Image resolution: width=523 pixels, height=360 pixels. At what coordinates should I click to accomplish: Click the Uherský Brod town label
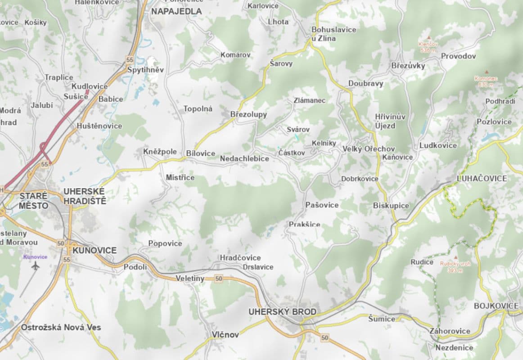(282, 311)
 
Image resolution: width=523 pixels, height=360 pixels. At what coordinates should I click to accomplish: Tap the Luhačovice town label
(482, 178)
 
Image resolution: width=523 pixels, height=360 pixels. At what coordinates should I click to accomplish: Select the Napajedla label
(176, 11)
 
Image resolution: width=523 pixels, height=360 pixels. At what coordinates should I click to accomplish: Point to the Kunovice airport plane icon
(36, 265)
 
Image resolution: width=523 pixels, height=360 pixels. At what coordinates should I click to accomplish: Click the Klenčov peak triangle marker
(428, 38)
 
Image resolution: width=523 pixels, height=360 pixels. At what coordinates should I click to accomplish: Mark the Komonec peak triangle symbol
(486, 72)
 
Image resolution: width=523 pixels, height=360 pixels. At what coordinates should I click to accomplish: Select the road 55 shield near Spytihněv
(130, 59)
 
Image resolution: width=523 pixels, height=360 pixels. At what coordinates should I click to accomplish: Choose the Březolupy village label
(248, 114)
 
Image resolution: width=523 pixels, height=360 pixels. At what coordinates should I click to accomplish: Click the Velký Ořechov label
(369, 149)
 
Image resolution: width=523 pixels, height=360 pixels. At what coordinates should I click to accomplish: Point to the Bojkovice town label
(496, 306)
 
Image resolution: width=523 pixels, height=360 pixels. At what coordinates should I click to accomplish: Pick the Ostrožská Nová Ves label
(61, 327)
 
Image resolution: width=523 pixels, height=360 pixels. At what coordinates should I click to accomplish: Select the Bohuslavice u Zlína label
(334, 34)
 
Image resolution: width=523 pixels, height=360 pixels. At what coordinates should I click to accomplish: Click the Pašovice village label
(322, 205)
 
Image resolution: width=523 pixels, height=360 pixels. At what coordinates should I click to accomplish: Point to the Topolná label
(198, 109)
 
